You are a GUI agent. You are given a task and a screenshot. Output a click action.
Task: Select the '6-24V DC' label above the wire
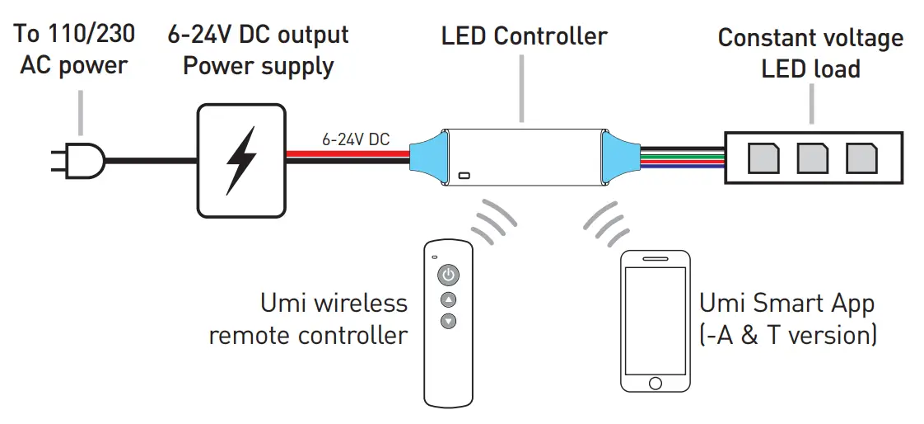click(356, 139)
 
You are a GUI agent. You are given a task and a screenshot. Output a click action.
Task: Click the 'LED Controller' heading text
click(524, 36)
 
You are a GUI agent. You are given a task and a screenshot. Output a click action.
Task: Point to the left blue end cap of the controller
click(427, 159)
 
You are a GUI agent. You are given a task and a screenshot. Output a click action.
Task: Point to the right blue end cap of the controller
click(619, 159)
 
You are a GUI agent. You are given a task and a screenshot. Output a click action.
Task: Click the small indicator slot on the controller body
click(464, 176)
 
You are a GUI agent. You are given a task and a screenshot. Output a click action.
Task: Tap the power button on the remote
click(448, 275)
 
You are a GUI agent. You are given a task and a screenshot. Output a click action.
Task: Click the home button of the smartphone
click(656, 383)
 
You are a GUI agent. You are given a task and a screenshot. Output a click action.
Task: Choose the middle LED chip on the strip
click(812, 158)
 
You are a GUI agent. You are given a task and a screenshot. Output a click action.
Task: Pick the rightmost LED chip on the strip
click(861, 158)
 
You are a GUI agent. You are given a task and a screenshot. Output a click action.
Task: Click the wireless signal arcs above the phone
click(608, 221)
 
